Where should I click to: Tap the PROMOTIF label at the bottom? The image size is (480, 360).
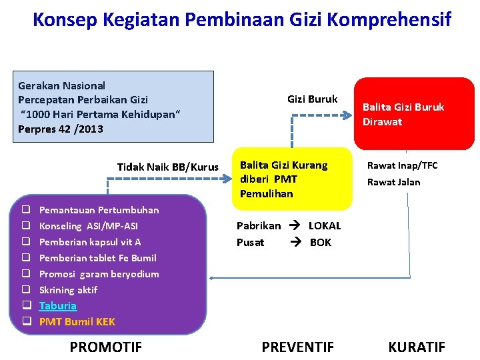pyautogui.click(x=105, y=347)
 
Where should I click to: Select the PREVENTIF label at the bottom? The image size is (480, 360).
pyautogui.click(x=297, y=347)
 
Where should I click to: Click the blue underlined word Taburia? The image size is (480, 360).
pyautogui.click(x=58, y=306)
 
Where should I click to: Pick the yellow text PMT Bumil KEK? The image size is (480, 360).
pyautogui.click(x=77, y=322)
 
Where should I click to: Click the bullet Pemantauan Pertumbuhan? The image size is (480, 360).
pyautogui.click(x=99, y=210)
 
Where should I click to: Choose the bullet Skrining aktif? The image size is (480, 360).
pyautogui.click(x=68, y=290)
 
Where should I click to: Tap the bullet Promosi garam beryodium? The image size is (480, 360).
pyautogui.click(x=99, y=274)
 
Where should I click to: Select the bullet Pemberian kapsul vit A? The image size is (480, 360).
pyautogui.click(x=90, y=242)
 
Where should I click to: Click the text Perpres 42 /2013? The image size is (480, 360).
pyautogui.click(x=61, y=129)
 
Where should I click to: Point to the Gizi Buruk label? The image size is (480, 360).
pyautogui.click(x=312, y=99)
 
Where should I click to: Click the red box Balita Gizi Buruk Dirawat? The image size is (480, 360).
pyautogui.click(x=413, y=114)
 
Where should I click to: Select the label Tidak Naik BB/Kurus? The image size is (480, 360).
pyautogui.click(x=167, y=167)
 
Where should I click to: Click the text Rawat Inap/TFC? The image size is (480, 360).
pyautogui.click(x=403, y=166)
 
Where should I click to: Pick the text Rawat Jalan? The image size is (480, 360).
pyautogui.click(x=393, y=182)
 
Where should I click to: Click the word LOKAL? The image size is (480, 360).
pyautogui.click(x=325, y=226)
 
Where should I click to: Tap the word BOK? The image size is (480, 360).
pyautogui.click(x=321, y=242)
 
